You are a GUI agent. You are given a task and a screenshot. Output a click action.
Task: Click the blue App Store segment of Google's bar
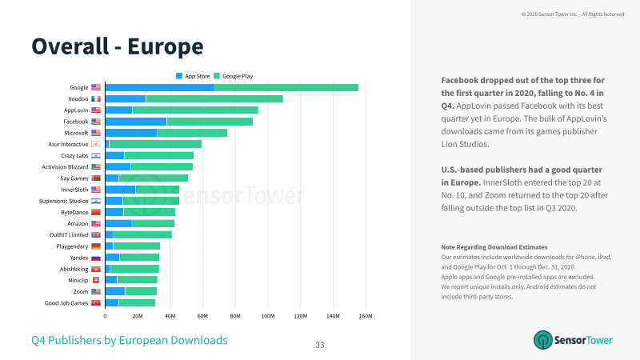pyautogui.click(x=160, y=88)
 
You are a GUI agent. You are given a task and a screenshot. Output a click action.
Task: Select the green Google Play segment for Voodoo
pyautogui.click(x=214, y=98)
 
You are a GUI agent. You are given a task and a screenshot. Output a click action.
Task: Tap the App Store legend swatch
pyautogui.click(x=179, y=76)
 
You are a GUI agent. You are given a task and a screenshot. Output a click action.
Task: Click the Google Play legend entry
pyautogui.click(x=234, y=76)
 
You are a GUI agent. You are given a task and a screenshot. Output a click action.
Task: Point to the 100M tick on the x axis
pyautogui.click(x=268, y=316)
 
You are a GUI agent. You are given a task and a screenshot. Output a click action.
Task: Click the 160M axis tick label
pyautogui.click(x=366, y=316)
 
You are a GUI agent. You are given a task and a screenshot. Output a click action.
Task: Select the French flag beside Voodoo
pyautogui.click(x=96, y=98)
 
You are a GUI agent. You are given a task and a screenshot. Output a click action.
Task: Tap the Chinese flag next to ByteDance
pyautogui.click(x=96, y=212)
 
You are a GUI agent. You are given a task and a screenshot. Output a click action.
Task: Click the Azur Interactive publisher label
pyautogui.click(x=68, y=144)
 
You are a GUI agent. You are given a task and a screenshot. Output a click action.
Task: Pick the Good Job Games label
pyautogui.click(x=66, y=303)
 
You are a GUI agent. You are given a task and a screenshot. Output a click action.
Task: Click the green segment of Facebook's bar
pyautogui.click(x=210, y=122)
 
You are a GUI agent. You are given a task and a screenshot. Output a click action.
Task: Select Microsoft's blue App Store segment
pyautogui.click(x=131, y=133)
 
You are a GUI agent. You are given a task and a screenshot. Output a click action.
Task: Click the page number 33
pyautogui.click(x=320, y=345)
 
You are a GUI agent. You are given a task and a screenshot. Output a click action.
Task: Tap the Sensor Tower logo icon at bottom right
pyautogui.click(x=543, y=340)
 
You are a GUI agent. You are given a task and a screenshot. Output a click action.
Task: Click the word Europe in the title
pyautogui.click(x=166, y=46)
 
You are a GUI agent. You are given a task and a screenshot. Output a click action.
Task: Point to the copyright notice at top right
pyautogui.click(x=573, y=14)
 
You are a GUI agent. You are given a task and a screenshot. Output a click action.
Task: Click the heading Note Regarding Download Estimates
pyautogui.click(x=494, y=247)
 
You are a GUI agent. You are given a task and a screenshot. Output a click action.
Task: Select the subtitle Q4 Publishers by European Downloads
pyautogui.click(x=130, y=340)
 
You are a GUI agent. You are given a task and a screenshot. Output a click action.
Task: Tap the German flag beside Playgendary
pyautogui.click(x=96, y=246)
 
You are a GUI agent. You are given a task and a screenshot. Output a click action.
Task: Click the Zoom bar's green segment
pyautogui.click(x=142, y=291)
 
